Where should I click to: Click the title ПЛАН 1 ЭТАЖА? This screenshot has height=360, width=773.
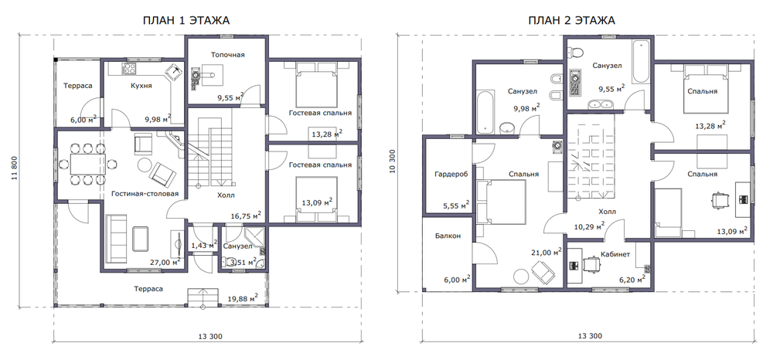pyautogui.click(x=186, y=20)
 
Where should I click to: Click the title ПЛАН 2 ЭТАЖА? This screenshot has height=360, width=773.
pyautogui.click(x=571, y=20)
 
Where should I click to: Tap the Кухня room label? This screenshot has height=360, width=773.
pyautogui.click(x=141, y=86)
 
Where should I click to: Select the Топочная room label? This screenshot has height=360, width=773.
pyautogui.click(x=228, y=55)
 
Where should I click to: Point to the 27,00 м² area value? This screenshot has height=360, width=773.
pyautogui.click(x=165, y=262)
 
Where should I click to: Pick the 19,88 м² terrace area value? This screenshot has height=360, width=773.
pyautogui.click(x=243, y=298)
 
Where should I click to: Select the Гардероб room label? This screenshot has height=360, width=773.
pyautogui.click(x=451, y=174)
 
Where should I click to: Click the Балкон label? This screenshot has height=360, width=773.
pyautogui.click(x=448, y=236)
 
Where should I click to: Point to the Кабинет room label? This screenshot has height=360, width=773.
pyautogui.click(x=615, y=255)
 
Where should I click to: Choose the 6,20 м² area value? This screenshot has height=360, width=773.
pyautogui.click(x=633, y=280)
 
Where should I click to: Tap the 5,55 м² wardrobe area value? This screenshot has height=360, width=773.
pyautogui.click(x=455, y=205)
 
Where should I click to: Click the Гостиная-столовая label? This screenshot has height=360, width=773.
pyautogui.click(x=145, y=194)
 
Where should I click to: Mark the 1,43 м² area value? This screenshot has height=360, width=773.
pyautogui.click(x=205, y=245)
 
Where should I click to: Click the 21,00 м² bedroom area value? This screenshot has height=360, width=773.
pyautogui.click(x=547, y=252)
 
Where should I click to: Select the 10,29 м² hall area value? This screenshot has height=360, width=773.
pyautogui.click(x=590, y=226)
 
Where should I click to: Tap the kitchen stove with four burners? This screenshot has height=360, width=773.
pyautogui.click(x=130, y=69)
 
